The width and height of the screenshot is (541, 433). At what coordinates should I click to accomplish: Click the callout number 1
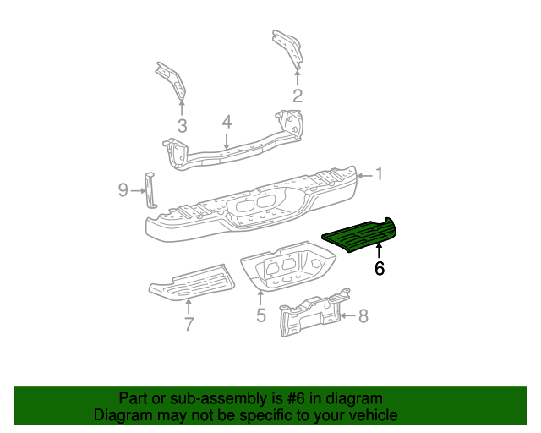tap(380, 174)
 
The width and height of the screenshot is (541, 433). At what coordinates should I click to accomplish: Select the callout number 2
tap(297, 95)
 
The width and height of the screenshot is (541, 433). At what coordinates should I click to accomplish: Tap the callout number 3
tap(182, 127)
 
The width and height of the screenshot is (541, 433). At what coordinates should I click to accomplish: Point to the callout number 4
tap(227, 123)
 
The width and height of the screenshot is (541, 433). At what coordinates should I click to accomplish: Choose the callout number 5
tap(261, 315)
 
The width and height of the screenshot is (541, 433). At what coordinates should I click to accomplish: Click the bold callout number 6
tap(379, 269)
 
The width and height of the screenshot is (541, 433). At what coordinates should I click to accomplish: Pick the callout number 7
tap(189, 323)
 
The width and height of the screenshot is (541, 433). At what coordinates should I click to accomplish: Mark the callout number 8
tap(363, 316)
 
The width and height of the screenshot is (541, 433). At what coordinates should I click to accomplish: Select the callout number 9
tap(123, 191)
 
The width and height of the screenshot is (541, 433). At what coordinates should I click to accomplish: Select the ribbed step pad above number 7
tap(190, 282)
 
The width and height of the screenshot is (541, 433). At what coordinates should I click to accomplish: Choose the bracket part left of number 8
tap(311, 316)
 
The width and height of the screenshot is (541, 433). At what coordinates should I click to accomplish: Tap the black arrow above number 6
tap(379, 250)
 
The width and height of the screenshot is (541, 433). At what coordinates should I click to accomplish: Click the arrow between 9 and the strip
tap(138, 191)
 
